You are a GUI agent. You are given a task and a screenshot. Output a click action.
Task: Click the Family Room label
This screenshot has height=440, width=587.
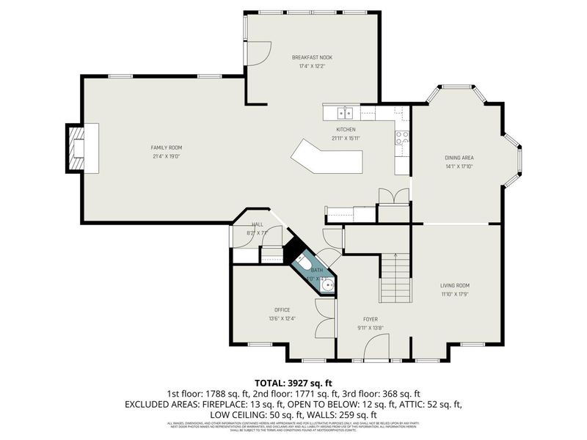(166, 147)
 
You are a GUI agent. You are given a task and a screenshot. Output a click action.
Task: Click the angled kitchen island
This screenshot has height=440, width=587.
(327, 156)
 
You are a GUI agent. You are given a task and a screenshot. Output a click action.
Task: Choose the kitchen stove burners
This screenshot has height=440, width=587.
(402, 137)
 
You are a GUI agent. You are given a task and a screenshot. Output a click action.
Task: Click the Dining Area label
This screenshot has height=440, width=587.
(459, 158)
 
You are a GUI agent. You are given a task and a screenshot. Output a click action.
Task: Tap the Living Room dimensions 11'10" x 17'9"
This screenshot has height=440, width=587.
(454, 294)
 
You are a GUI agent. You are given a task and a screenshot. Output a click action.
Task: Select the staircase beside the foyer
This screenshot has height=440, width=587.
(395, 278)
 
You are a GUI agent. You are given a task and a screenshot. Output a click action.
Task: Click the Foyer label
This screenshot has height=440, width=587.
(370, 319)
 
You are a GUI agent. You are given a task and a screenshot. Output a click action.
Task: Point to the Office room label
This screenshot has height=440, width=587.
(282, 309)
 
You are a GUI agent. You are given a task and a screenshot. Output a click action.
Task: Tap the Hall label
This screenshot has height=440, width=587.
(258, 224)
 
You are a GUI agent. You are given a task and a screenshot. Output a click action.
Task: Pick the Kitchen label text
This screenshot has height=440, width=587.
(346, 130)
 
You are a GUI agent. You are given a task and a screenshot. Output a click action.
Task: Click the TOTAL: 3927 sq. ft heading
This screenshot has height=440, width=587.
(293, 383)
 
